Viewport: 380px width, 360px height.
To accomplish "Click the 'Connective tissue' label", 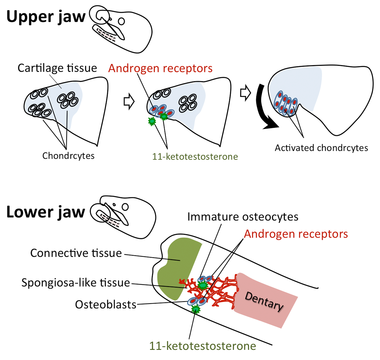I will (76, 253).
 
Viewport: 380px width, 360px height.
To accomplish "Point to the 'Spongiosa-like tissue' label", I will (76, 282).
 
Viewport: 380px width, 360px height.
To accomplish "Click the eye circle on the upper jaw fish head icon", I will (122, 21).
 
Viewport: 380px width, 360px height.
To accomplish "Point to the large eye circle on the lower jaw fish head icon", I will (126, 206).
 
